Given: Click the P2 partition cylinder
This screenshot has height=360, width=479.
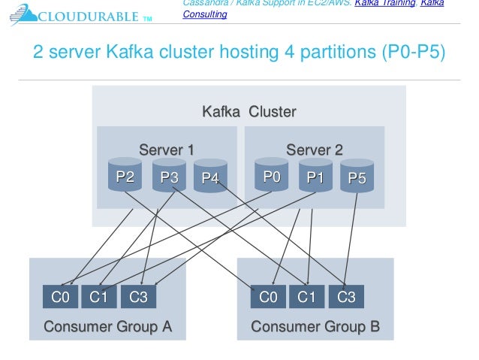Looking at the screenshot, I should coord(125,176).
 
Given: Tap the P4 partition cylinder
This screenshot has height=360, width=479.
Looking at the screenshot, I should coord(210,177).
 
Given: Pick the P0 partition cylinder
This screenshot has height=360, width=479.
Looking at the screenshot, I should coord(272,176).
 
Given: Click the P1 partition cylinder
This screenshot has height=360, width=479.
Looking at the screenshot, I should coord(315,176).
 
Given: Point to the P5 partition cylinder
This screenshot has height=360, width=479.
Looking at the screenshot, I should coord(357,177).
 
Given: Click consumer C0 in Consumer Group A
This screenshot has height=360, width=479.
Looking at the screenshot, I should coord(60,297).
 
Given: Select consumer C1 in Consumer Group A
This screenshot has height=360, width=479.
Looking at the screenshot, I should coord(99,297).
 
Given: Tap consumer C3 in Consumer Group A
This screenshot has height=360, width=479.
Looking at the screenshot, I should coord(139,297).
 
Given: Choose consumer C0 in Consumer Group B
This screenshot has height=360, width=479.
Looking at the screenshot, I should coord(268,297).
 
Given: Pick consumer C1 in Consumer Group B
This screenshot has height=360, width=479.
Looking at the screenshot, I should coord(307,297).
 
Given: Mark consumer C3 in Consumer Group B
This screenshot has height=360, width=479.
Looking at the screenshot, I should coord(346,297).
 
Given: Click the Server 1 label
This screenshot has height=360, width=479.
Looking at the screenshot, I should coord(167,150).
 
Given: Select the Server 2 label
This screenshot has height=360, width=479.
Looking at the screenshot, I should coord(315,150).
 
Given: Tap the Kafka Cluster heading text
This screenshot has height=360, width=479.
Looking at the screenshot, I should coord(249,112).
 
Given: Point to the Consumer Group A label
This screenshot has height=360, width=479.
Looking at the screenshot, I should coord(108,327).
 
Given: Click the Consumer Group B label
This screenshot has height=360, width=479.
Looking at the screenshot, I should coord(315,327).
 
